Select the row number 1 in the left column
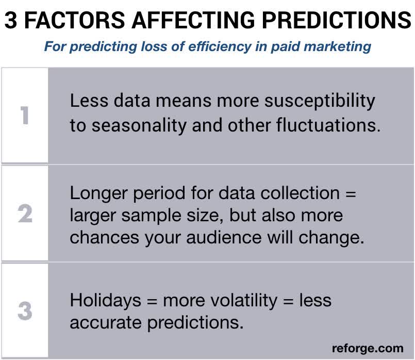click(x=24, y=116)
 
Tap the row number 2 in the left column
click(x=24, y=214)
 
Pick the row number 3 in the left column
click(x=24, y=312)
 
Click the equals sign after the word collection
click(x=351, y=194)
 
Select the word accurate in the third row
click(x=106, y=322)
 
